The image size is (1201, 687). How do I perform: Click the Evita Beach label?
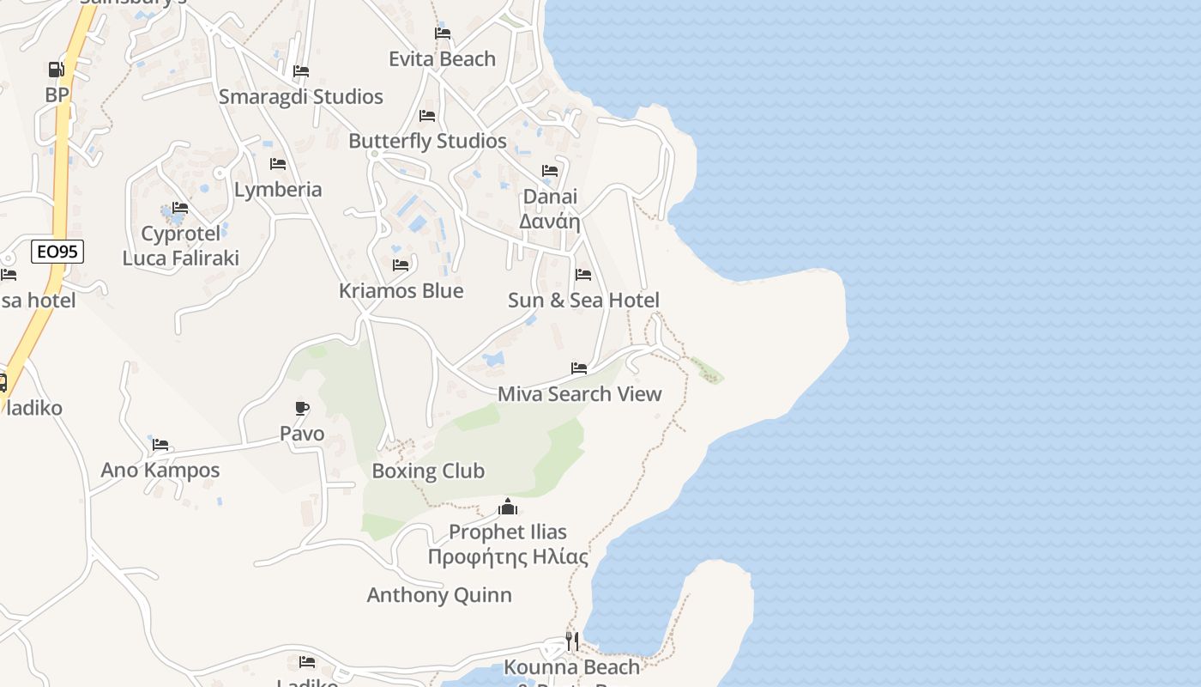[x=442, y=59]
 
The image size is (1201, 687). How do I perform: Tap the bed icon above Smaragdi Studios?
[x=300, y=71]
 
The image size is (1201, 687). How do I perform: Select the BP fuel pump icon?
[x=57, y=70]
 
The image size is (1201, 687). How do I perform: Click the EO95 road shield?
[x=57, y=252]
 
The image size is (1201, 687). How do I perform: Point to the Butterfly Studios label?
[x=427, y=141]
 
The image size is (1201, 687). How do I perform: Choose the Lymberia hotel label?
[x=278, y=190]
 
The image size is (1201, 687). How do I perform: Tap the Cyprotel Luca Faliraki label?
[x=180, y=246]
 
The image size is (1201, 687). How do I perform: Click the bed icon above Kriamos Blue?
[x=401, y=265]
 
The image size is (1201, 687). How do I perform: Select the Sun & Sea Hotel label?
[x=583, y=301]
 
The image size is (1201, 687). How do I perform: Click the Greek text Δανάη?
[x=550, y=222]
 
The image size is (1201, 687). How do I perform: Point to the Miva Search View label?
[x=580, y=394]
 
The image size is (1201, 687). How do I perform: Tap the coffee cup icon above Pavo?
[x=301, y=408]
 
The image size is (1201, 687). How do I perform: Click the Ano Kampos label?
[x=160, y=471]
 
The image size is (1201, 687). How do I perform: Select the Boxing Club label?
[x=428, y=471]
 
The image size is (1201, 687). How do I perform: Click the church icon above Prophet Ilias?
[x=508, y=507]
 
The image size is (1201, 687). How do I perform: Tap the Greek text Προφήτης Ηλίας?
[x=508, y=556]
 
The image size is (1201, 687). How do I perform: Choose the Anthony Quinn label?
[x=439, y=595]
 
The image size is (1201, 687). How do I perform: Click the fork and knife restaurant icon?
[x=571, y=641]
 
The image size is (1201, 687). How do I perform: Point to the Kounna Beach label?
[x=571, y=667]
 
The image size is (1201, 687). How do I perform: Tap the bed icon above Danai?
[x=550, y=171]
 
